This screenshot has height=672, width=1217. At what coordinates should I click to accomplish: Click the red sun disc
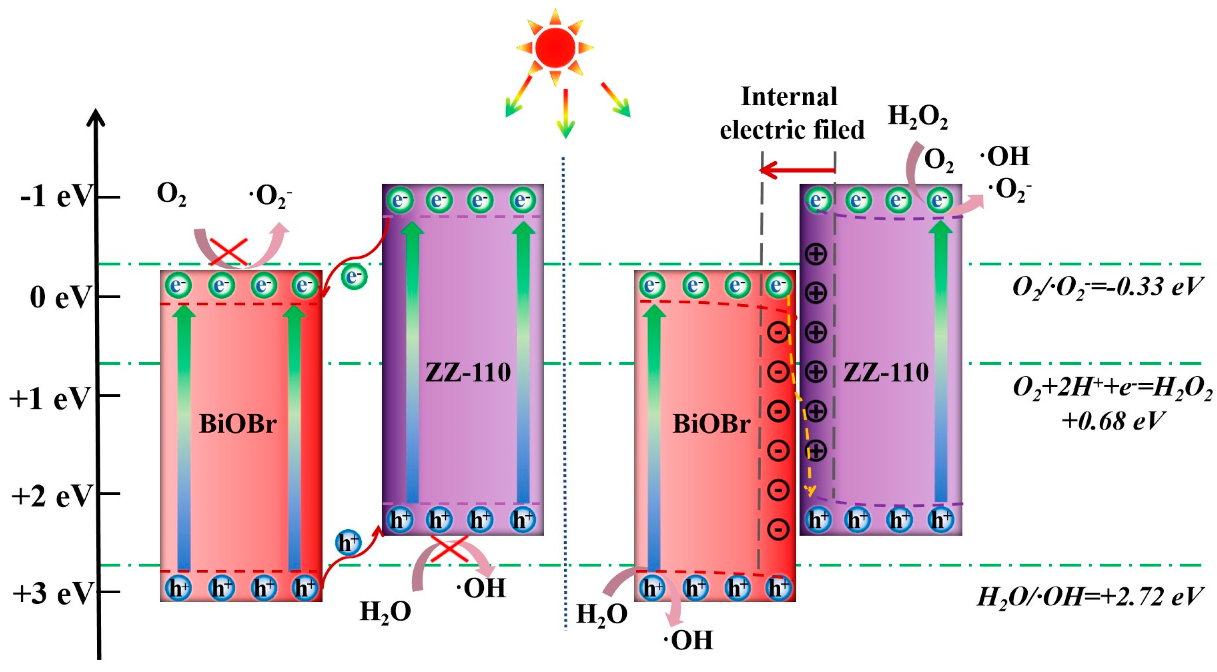click(555, 48)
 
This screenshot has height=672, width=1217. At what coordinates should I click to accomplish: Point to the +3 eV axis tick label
click(52, 593)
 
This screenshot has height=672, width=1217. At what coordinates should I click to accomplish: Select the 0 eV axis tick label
click(60, 298)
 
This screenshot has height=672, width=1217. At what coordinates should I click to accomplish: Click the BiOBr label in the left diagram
click(238, 424)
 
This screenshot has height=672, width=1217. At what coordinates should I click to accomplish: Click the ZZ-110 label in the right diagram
click(886, 372)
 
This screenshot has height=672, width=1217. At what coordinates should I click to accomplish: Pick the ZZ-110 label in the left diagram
click(468, 372)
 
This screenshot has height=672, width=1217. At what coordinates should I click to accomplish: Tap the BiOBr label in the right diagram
click(711, 424)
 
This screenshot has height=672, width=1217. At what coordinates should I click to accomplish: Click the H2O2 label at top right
click(917, 117)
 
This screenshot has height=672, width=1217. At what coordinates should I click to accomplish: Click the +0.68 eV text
click(1113, 421)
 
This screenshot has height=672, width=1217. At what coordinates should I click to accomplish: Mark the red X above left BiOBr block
click(229, 251)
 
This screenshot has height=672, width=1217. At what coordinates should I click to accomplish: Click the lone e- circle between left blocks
click(354, 276)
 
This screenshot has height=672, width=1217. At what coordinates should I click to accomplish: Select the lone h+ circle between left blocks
click(348, 543)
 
